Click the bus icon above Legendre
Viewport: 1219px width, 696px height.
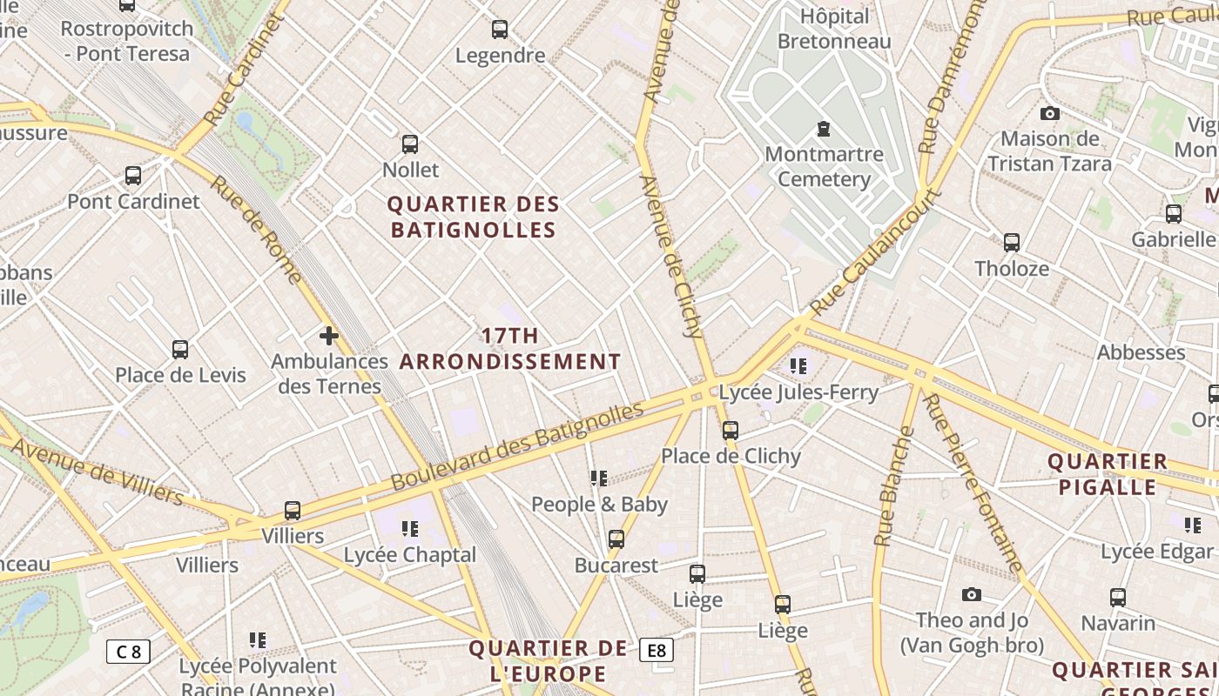(500, 30)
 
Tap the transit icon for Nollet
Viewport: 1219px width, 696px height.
(410, 144)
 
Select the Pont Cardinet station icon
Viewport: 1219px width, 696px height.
(133, 176)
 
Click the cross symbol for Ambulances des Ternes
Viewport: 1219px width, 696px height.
(329, 336)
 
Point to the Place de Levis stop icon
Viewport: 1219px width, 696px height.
(180, 350)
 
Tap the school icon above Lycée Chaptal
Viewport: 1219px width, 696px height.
(410, 529)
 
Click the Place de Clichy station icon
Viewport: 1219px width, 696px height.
(731, 430)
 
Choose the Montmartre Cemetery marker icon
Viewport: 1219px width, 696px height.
(823, 130)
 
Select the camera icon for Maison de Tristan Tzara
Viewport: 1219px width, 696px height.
(1050, 114)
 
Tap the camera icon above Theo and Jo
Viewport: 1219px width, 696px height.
(972, 595)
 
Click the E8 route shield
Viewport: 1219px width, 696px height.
(657, 650)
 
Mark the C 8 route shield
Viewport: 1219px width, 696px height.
(128, 652)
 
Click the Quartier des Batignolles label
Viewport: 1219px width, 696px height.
(473, 217)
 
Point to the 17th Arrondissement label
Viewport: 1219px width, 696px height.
(510, 349)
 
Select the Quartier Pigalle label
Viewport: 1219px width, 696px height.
(1107, 474)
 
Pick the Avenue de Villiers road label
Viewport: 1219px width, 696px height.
(98, 472)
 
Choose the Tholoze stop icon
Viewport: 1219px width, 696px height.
(1012, 243)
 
